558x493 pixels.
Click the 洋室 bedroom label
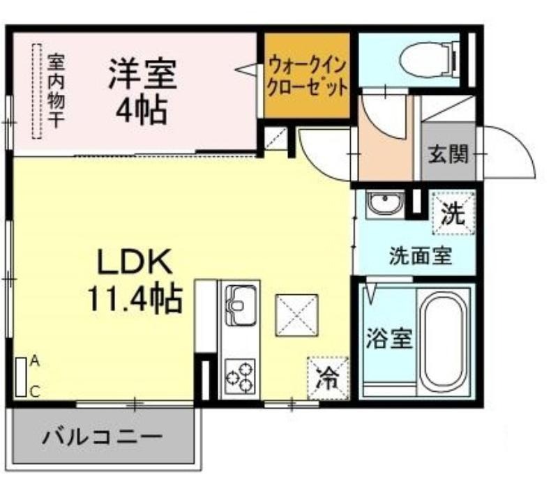click(143, 74)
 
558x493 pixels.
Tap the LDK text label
click(135, 261)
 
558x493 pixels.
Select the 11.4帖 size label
click(135, 299)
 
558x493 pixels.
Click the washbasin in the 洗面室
click(385, 204)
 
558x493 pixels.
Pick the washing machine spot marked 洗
click(453, 213)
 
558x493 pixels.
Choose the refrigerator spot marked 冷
click(328, 378)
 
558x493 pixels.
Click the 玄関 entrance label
click(448, 154)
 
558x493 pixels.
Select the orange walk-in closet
click(306, 75)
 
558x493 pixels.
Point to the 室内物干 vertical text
click(56, 91)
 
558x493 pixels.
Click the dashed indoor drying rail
click(37, 91)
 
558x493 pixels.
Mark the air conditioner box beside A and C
click(21, 377)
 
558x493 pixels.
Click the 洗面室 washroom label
click(421, 256)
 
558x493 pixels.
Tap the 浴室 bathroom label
click(389, 338)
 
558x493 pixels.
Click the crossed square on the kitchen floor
click(296, 315)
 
